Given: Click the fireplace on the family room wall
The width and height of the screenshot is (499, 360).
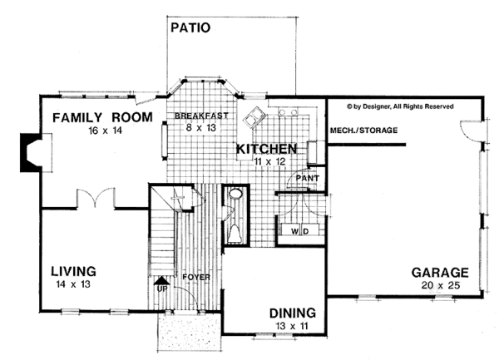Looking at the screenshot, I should click(32, 155).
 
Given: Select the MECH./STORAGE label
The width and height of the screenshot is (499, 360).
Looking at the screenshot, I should click(363, 131).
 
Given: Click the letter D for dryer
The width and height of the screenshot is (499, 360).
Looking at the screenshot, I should click(308, 230).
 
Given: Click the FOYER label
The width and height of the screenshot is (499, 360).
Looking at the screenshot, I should click(197, 276).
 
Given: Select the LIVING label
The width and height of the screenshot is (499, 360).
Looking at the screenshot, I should click(73, 271).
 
